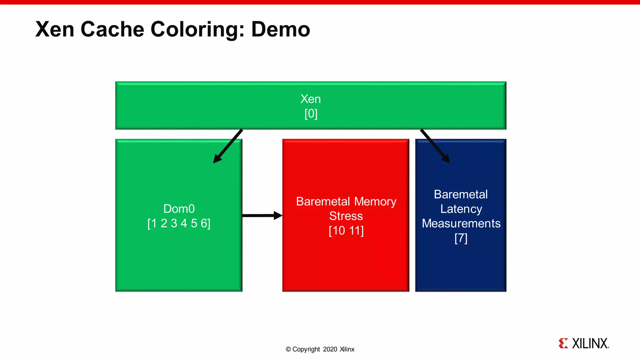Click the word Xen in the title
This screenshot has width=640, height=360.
pos(55,29)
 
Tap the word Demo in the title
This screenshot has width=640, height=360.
pos(280,29)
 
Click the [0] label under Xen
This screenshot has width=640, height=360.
pos(311,113)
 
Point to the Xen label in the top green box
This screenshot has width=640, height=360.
pos(311,99)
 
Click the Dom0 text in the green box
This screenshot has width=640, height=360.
pos(179,209)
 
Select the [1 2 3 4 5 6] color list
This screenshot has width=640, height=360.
pos(179,223)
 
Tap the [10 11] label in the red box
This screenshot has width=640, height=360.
pos(346,231)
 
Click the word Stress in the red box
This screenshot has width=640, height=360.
pos(346,216)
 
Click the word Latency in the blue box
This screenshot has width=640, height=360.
pos(461,209)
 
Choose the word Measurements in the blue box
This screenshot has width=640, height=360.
pos(461,223)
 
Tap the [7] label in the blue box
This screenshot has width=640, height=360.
pos(461,238)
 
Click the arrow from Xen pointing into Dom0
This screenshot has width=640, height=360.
pos(228,146)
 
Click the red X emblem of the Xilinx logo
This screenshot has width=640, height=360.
pos(563,343)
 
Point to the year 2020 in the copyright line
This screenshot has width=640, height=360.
pos(330,349)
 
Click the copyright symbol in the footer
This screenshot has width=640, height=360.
pos(288,349)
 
